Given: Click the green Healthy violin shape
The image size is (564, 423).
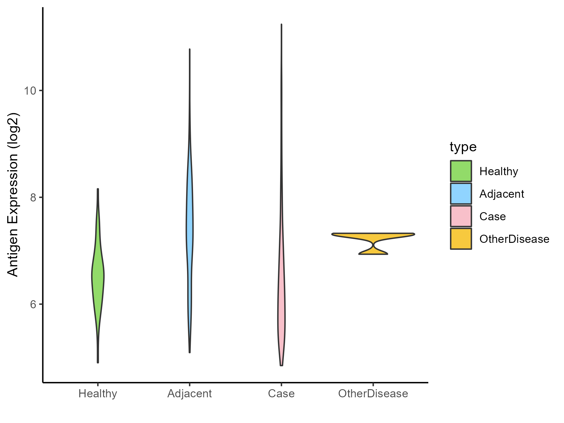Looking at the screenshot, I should click(x=98, y=276).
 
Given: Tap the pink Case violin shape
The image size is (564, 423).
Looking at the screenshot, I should click(x=281, y=313).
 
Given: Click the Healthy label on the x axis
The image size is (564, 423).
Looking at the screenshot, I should click(x=98, y=394).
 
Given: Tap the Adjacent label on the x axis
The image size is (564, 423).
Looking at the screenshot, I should click(x=190, y=394).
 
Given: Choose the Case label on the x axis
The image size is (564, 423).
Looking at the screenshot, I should click(x=281, y=394).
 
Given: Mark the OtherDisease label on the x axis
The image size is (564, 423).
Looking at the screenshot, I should click(x=373, y=394).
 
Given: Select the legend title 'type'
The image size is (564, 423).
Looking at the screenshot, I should click(x=463, y=147).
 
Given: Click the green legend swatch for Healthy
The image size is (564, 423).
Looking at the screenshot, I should click(x=461, y=171).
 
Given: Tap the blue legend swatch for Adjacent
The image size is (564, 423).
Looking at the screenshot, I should click(x=461, y=194).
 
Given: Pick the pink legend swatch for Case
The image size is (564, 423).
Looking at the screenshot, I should click(x=461, y=216).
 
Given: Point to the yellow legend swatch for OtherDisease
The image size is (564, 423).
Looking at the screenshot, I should click(x=461, y=239).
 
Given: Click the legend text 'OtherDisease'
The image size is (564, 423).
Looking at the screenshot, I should click(x=514, y=239).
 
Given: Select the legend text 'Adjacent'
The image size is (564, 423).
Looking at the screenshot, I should click(x=502, y=194).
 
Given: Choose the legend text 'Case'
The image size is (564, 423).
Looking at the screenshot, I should click(x=493, y=217).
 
